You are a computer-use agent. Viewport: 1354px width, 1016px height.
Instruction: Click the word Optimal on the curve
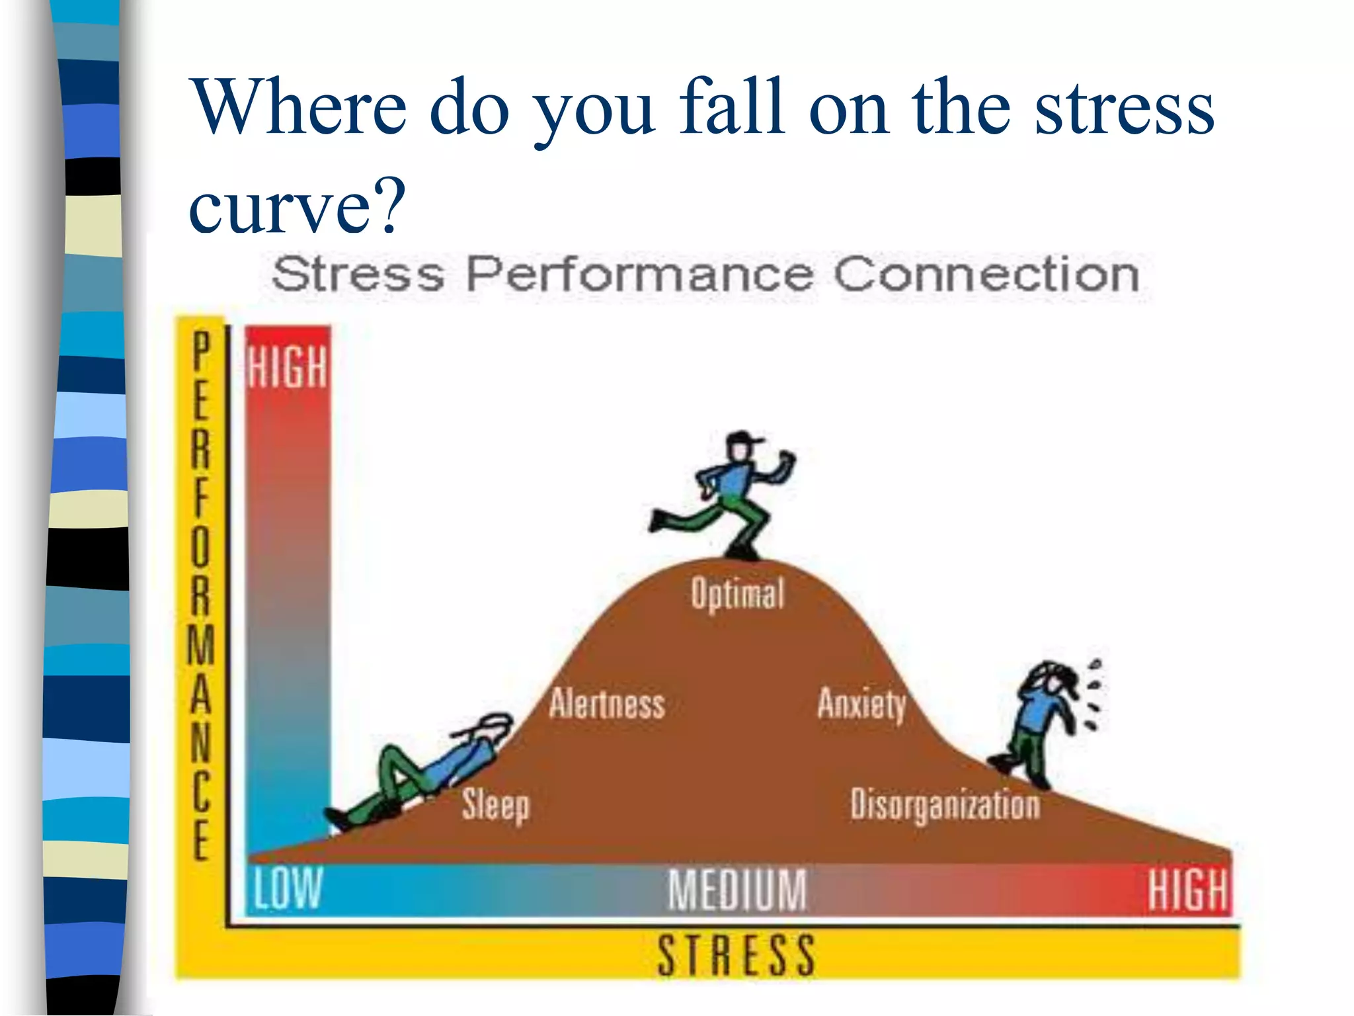[x=737, y=593]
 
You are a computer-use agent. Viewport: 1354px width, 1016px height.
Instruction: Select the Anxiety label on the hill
[x=861, y=704]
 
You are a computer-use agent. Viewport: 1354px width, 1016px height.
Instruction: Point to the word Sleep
[x=495, y=806]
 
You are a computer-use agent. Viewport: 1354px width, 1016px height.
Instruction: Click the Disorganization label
[x=945, y=805]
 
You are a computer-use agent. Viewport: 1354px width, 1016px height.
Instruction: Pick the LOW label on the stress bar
[x=288, y=888]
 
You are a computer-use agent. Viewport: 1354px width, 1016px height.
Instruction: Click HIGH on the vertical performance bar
[x=288, y=367]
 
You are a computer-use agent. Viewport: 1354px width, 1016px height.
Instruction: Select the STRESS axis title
[x=736, y=954]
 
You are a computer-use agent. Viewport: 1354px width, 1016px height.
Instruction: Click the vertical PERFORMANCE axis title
[x=201, y=595]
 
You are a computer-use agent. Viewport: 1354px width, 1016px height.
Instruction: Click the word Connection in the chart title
[x=986, y=275]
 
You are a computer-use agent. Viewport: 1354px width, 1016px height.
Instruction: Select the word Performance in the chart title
[x=639, y=275]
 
